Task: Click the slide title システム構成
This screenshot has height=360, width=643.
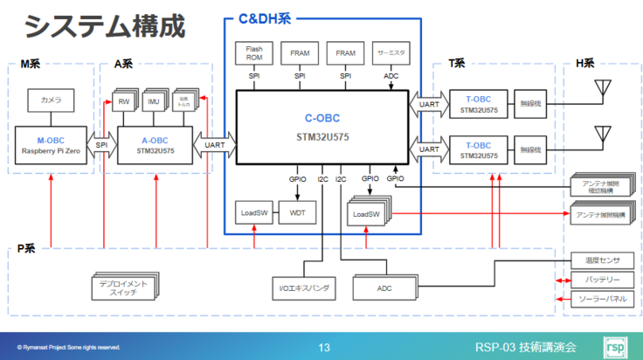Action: pos(105,26)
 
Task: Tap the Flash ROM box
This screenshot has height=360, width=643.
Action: pos(254,54)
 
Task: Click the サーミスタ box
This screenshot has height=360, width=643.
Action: pos(390,54)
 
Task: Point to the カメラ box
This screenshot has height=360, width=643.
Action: pos(52,101)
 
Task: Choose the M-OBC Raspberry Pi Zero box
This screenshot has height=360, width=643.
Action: pos(52,145)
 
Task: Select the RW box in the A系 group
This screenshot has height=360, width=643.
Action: pos(124,103)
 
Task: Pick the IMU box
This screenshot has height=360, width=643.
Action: pos(154,103)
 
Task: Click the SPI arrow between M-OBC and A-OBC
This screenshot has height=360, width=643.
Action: pos(102,145)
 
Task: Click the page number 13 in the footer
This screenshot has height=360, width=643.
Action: pos(324,348)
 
